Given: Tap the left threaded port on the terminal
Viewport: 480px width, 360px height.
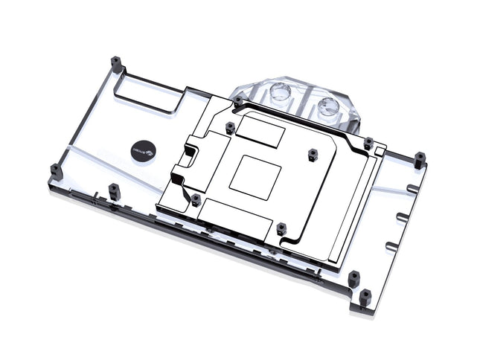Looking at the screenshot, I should tap(281, 94).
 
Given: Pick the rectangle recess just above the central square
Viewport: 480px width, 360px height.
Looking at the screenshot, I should tap(262, 134).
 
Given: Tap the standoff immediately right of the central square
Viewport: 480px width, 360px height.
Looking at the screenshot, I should tap(313, 155).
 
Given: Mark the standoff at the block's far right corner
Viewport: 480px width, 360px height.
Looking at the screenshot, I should tap(420, 158).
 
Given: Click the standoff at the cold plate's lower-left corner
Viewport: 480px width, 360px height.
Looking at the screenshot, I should tap(195, 199).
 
